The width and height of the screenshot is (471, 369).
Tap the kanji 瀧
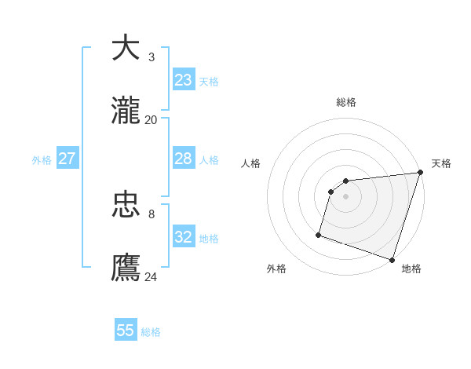click(x=126, y=111)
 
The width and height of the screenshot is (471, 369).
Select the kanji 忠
click(x=126, y=204)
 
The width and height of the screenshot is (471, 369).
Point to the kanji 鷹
click(x=126, y=268)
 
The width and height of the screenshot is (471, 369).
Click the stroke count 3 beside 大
click(x=152, y=57)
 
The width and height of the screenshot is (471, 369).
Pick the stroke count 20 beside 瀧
click(x=152, y=119)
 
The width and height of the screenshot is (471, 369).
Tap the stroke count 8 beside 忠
click(x=152, y=214)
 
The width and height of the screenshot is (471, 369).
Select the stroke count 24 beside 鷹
click(x=152, y=276)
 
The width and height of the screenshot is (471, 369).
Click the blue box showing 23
click(x=184, y=80)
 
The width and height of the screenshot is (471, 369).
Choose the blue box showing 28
click(x=184, y=159)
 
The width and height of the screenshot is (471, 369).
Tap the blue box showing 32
click(x=184, y=237)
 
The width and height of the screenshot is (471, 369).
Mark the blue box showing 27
click(x=67, y=159)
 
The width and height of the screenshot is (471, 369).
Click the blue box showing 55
click(x=126, y=331)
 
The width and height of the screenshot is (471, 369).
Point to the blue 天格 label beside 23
click(x=209, y=82)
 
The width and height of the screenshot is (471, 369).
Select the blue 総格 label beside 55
click(x=151, y=332)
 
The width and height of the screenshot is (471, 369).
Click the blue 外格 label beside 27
click(x=42, y=160)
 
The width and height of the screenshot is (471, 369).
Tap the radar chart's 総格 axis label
click(x=346, y=102)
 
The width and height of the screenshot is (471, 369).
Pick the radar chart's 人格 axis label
click(x=251, y=163)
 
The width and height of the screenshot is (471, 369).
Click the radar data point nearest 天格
click(x=419, y=174)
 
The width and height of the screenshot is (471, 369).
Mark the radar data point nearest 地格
click(x=392, y=259)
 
